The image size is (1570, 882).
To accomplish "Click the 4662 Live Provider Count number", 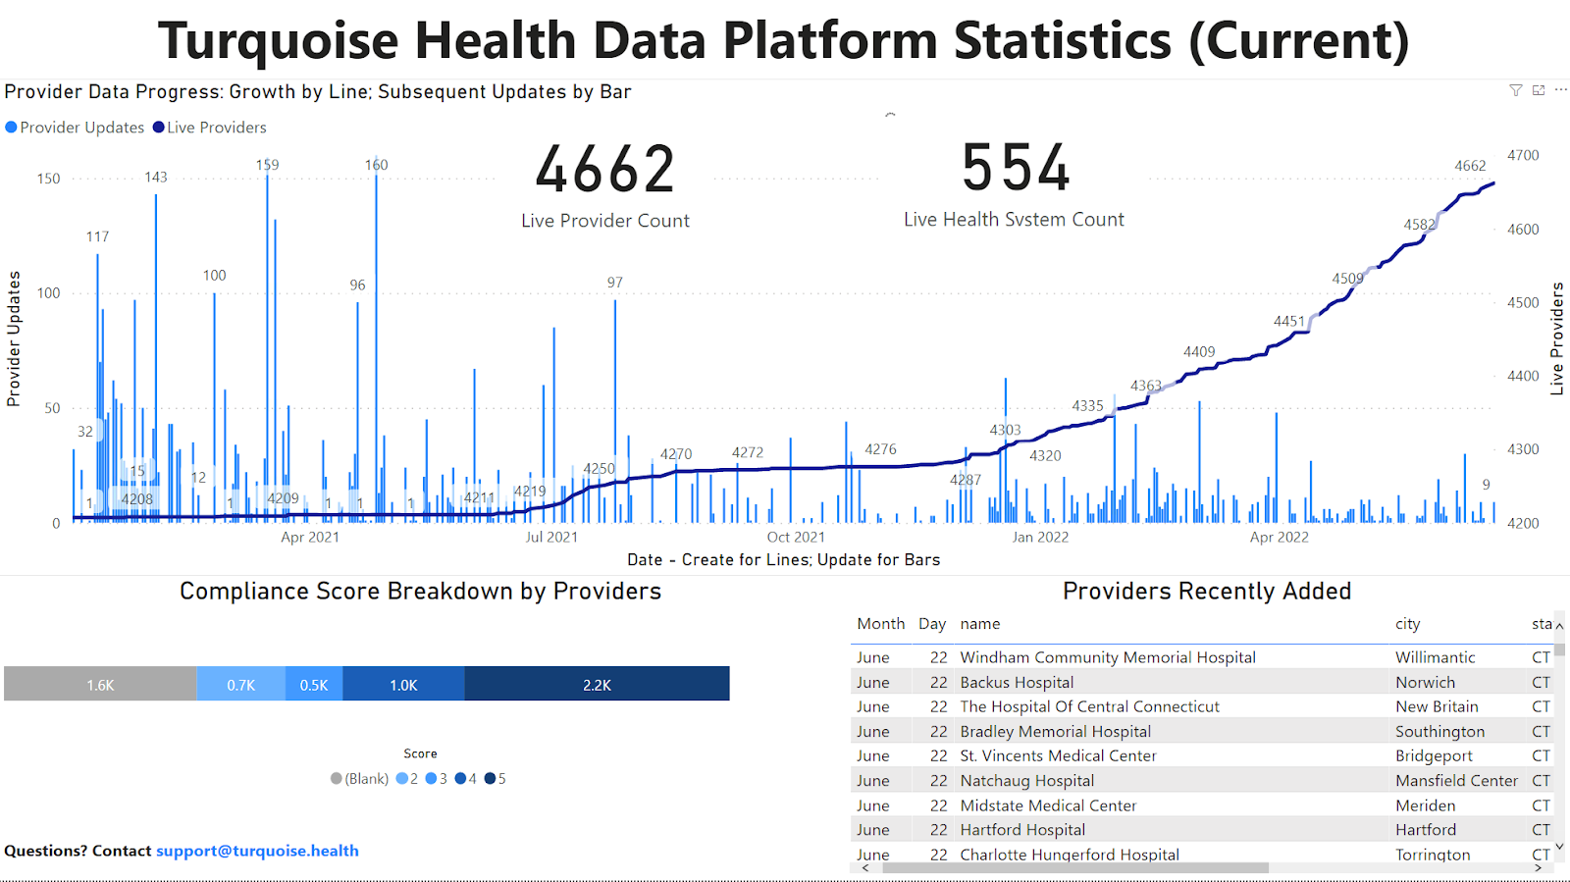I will click(605, 170).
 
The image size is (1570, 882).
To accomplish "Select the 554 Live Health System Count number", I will click(1016, 168).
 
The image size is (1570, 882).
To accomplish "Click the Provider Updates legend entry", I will click(76, 128).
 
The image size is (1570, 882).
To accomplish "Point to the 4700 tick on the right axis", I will click(1523, 155).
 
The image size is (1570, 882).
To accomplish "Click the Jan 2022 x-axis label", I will click(1040, 537).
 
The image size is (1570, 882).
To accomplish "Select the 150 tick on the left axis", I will click(48, 179).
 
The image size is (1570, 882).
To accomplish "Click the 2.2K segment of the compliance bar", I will click(597, 685).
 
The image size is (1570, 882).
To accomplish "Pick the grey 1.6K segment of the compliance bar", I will click(100, 685).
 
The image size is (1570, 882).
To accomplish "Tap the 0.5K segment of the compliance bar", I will click(314, 685).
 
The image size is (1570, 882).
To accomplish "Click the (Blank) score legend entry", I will click(359, 779).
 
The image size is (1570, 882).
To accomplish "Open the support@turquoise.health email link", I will click(257, 851).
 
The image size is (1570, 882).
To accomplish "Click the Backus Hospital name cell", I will click(1017, 682).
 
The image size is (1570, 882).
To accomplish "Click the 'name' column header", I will click(980, 624).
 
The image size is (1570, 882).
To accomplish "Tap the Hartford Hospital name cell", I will click(1022, 829).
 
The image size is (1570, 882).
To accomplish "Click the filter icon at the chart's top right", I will click(1516, 90).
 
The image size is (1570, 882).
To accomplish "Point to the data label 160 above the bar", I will click(377, 165).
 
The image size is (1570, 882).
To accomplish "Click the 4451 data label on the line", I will click(1289, 321).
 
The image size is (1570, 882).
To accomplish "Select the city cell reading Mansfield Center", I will click(1456, 780).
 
